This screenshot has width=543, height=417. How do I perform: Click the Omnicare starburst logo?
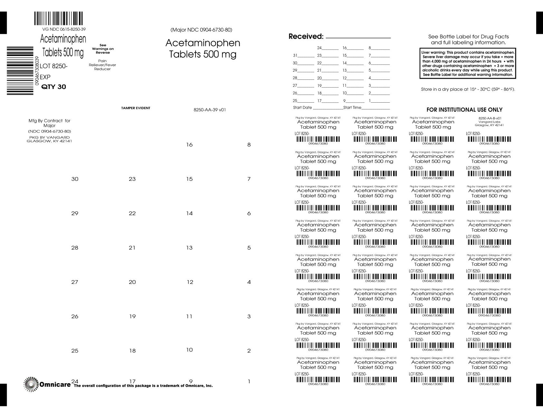coord(31,384)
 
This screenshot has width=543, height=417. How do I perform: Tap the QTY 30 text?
coord(54,87)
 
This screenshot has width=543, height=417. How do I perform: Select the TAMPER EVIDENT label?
coord(136,108)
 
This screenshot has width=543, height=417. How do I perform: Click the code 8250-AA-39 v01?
coord(210,110)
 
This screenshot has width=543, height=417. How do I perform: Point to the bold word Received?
coord(306,36)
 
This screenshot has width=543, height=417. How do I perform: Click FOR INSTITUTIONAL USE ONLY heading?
coord(464,110)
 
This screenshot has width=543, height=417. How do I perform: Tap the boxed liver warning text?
coord(468,63)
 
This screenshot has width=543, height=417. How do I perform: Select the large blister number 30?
coord(75,179)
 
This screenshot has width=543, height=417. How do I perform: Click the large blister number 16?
coord(189,145)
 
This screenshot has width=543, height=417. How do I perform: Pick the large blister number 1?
coord(249,382)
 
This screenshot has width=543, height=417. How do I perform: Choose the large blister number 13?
coord(189,248)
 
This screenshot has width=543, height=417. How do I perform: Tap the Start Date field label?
coord(302,107)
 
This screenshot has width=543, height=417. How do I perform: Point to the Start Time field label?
coord(352,107)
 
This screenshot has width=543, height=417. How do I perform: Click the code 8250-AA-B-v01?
coord(490,118)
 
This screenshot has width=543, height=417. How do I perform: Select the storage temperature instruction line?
coord(468,89)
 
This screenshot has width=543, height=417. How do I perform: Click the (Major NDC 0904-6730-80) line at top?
coord(201,30)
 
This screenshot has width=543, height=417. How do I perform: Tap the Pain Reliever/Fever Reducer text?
coord(102,65)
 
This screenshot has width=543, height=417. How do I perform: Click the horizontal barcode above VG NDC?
coord(58,19)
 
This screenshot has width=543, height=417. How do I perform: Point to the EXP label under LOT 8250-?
coord(45,77)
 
